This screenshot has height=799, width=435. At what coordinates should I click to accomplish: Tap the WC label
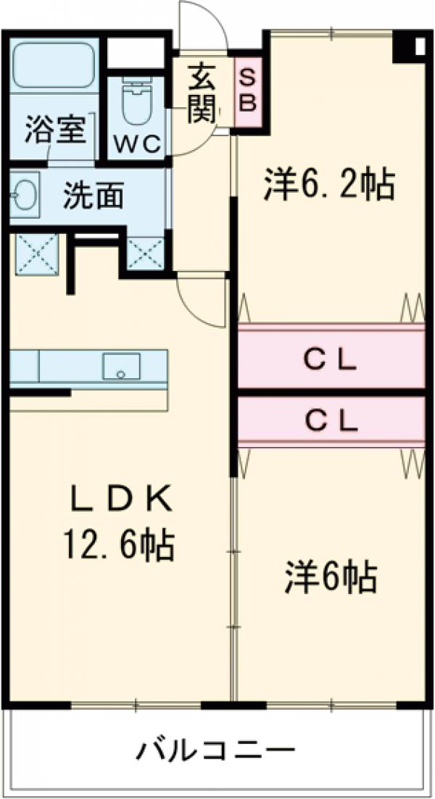tap(138, 144)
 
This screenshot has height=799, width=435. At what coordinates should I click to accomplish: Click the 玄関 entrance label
tap(201, 92)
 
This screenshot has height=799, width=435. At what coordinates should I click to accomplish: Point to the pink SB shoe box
tap(247, 89)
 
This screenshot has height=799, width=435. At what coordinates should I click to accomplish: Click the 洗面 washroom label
tap(93, 195)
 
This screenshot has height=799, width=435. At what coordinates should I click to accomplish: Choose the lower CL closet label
tap(330, 421)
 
